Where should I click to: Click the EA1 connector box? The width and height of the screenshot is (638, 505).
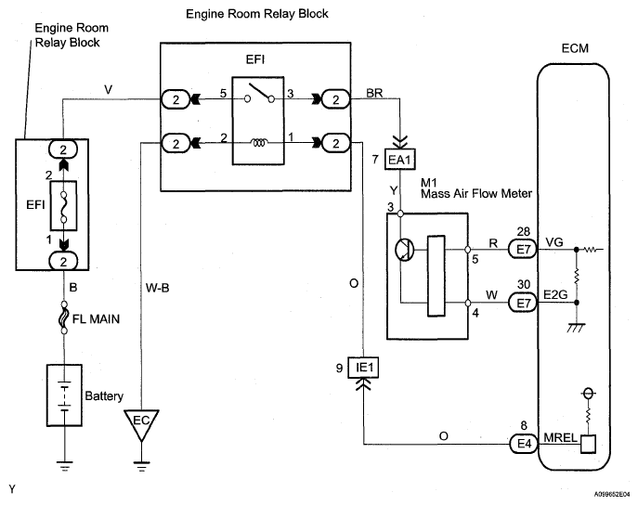tap(398, 161)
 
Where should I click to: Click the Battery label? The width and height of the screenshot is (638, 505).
tap(103, 395)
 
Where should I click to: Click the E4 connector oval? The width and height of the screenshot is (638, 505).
tap(523, 443)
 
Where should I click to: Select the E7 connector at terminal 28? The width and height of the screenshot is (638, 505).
tap(524, 250)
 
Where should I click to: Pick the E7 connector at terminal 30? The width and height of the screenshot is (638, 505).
tap(524, 302)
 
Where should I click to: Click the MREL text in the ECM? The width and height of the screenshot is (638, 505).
tap(559, 443)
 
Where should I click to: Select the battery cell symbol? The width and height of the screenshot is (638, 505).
tap(64, 392)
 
